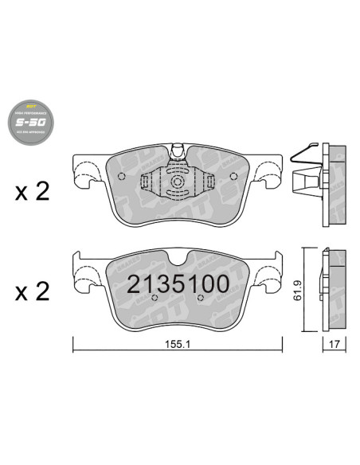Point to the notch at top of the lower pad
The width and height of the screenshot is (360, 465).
click(x=178, y=256)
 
